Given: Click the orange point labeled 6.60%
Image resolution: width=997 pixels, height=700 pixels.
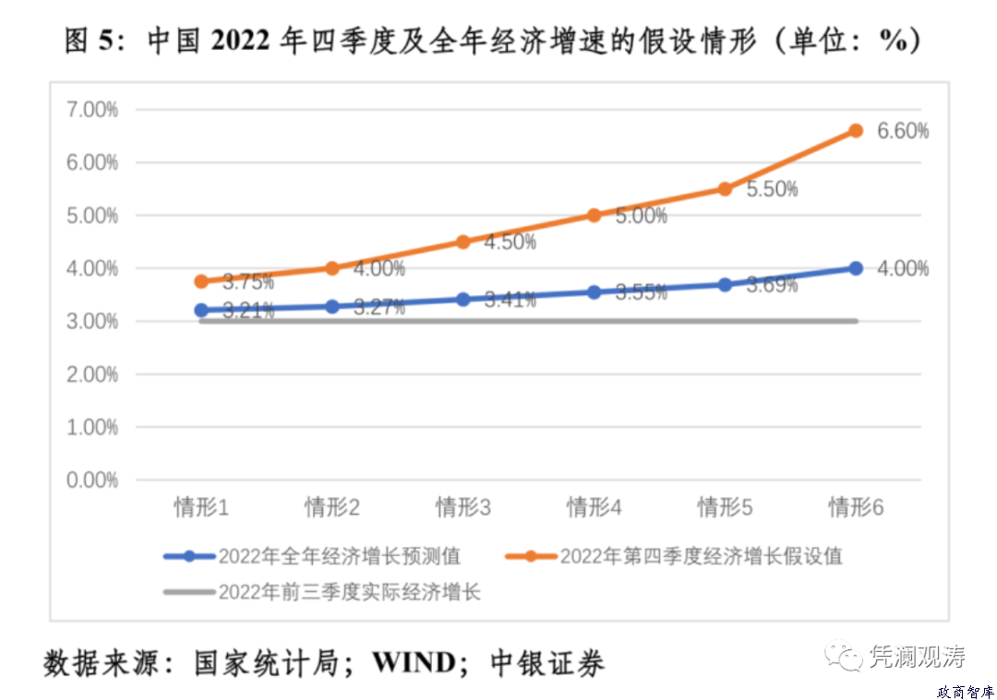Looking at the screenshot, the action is (x=856, y=131).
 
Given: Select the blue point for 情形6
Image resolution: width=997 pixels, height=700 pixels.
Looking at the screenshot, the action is (x=856, y=268).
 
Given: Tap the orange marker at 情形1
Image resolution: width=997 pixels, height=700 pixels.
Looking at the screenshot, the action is (x=201, y=281).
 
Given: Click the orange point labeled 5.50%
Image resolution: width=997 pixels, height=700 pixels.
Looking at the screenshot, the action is (x=725, y=189).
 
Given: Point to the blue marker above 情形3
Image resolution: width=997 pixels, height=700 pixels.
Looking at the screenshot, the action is (x=463, y=300).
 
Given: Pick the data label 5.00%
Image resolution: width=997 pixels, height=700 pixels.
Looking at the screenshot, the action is (x=641, y=217).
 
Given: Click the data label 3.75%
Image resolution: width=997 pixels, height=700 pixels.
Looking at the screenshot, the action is (x=248, y=282).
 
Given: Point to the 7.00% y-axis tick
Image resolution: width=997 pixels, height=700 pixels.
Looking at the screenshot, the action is (x=92, y=110).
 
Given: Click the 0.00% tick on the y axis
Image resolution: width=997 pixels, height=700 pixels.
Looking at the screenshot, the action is (x=92, y=481).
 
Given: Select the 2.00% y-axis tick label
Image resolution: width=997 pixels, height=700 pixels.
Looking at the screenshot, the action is (x=92, y=374).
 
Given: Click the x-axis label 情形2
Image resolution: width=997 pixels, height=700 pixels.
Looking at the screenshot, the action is (x=332, y=507).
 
